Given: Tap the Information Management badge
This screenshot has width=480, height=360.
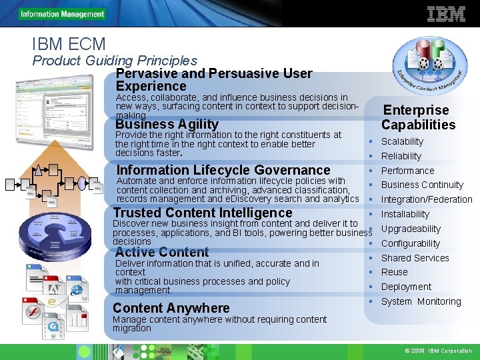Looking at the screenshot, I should tap(62, 14).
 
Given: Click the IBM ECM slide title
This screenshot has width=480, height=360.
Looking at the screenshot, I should tap(69, 45).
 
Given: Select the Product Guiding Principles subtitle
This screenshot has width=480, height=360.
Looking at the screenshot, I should tap(115, 61).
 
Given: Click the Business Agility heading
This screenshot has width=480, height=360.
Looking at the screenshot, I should tap(167, 124).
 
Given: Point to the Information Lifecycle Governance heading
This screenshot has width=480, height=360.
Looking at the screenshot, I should tap(223, 170).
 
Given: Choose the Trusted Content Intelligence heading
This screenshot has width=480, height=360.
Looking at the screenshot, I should tap(203, 213).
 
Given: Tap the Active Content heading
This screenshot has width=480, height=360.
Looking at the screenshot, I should tap(162, 252).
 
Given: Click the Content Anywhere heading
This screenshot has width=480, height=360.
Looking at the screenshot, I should tap(171, 308).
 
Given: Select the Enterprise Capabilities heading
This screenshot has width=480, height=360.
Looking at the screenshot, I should tap(418, 117).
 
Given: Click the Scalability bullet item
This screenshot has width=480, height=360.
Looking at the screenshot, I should tap(402, 141).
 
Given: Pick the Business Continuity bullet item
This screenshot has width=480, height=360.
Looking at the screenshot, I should tap(422, 185).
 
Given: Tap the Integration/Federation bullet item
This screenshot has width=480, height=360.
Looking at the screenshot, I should tap(427, 199).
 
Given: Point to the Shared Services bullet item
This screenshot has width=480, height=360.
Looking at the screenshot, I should tap(415, 258).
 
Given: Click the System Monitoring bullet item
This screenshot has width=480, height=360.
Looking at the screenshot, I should tap(421, 301).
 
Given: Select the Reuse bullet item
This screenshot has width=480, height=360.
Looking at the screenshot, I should tap(394, 272).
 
